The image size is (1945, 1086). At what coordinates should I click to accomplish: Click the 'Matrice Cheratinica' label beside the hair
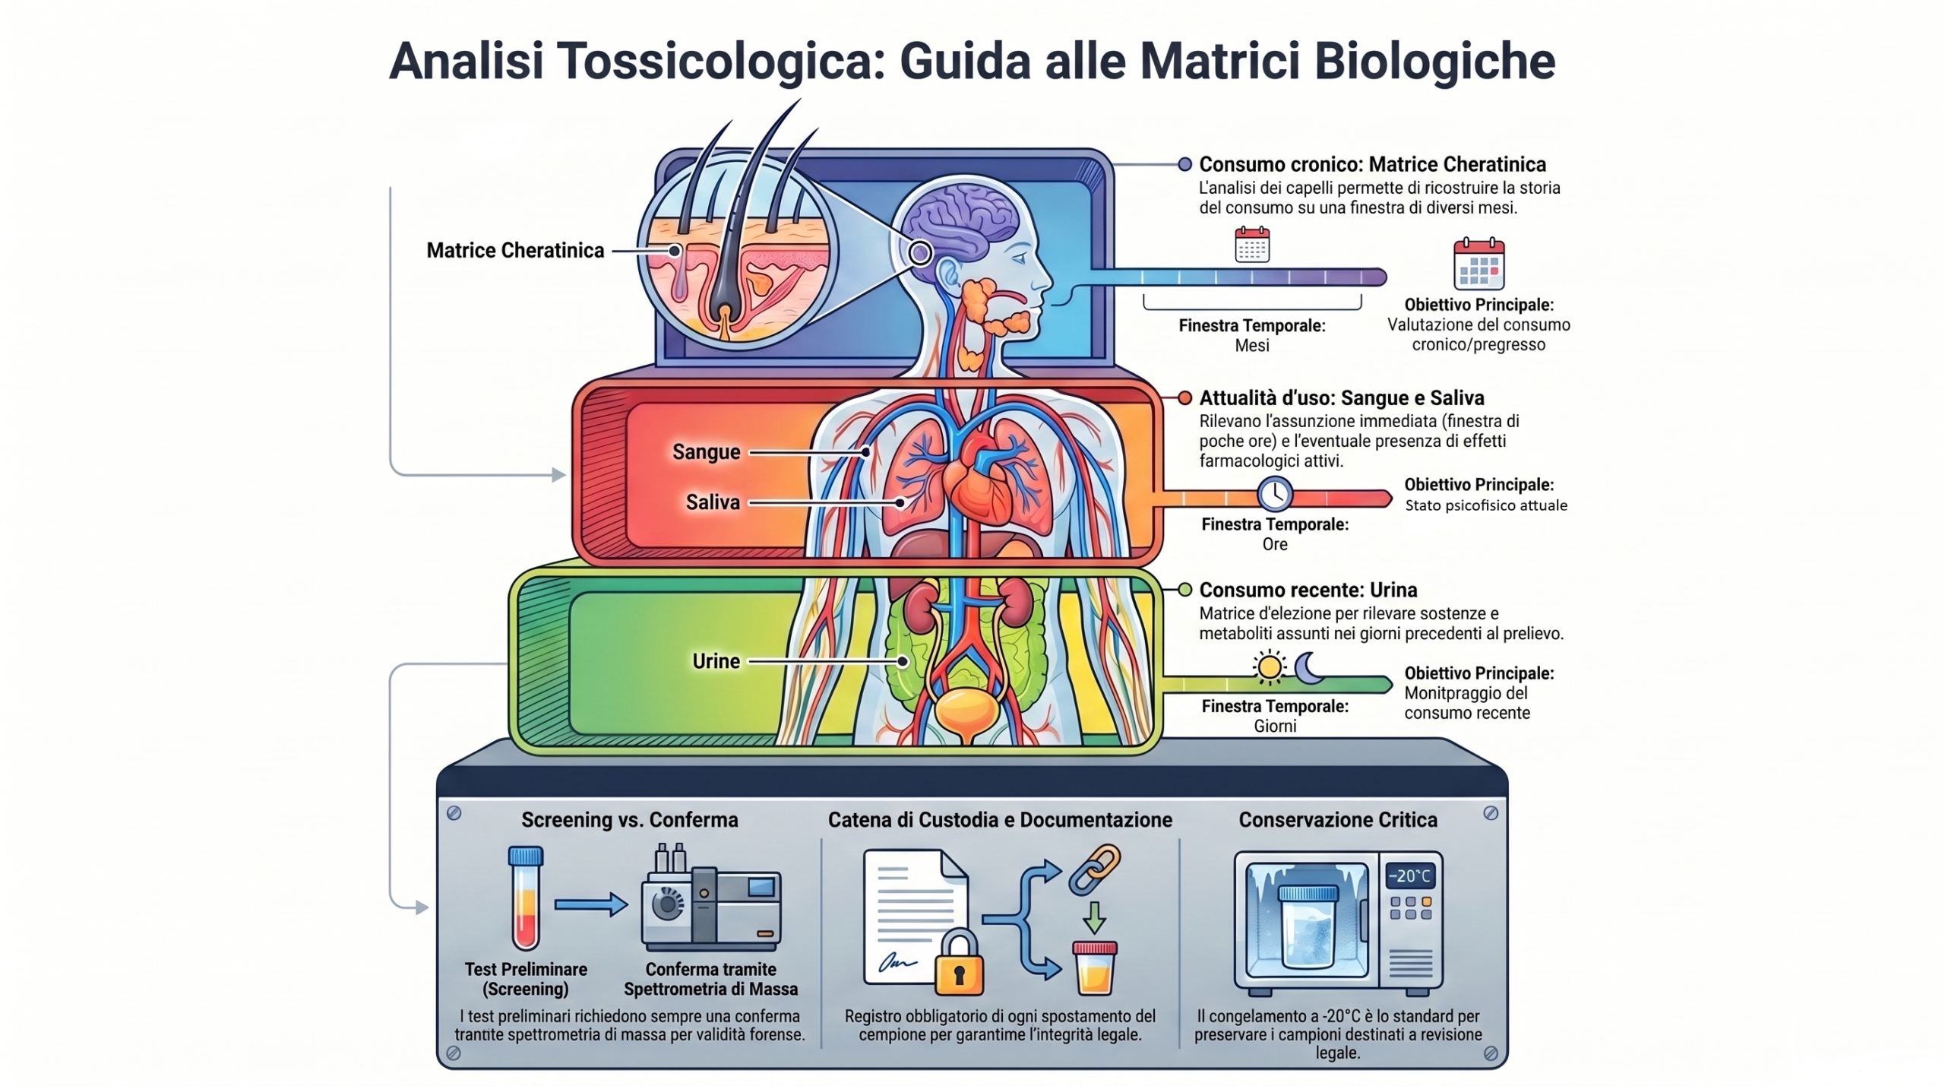point(514,251)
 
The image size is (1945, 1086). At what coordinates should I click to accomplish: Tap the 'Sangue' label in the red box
point(706,452)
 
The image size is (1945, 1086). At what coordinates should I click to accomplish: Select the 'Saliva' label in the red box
point(712,502)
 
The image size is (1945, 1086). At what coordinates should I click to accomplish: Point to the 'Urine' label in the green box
point(716,661)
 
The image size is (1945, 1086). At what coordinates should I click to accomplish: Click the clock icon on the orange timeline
point(1274,494)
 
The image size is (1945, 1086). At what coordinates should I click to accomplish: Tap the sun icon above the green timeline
point(1269,667)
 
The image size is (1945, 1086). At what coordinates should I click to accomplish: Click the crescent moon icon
point(1308,666)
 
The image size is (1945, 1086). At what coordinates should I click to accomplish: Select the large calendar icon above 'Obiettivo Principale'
point(1479,264)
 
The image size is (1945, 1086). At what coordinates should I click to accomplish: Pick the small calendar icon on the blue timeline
point(1252,245)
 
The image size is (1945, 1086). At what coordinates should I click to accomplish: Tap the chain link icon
point(1094,869)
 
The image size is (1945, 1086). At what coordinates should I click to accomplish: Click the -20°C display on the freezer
point(1409,876)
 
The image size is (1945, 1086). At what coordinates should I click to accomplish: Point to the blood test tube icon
point(525,898)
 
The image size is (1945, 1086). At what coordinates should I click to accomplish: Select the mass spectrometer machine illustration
point(710,901)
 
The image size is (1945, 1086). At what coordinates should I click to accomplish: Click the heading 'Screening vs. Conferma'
point(629,820)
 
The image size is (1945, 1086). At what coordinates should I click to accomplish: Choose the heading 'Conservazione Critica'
point(1337,820)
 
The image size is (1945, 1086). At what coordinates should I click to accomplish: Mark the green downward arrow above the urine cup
point(1094,917)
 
